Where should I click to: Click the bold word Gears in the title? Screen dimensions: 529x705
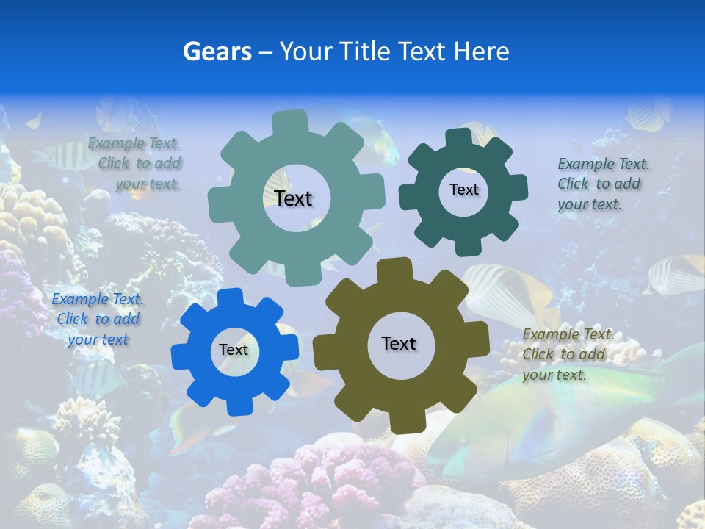pyautogui.click(x=217, y=51)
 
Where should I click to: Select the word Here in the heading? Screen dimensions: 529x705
pyautogui.click(x=481, y=51)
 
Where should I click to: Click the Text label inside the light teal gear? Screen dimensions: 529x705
pyautogui.click(x=293, y=198)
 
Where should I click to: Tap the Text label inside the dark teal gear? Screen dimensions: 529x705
pyautogui.click(x=463, y=190)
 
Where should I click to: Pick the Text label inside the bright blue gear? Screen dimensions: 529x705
pyautogui.click(x=234, y=350)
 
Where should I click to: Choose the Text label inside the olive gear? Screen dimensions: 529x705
pyautogui.click(x=399, y=343)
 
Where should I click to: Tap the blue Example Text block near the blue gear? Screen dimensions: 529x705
pyautogui.click(x=98, y=319)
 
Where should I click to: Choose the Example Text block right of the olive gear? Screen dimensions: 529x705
pyautogui.click(x=565, y=354)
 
